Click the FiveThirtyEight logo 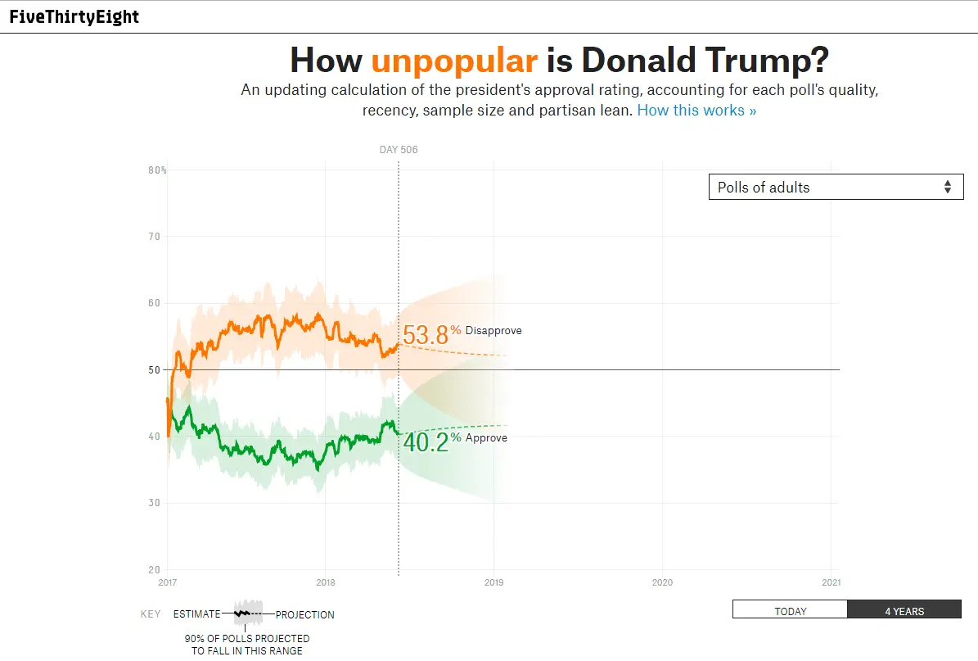[x=74, y=17]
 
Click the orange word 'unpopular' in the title [x=454, y=61]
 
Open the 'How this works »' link [x=696, y=111]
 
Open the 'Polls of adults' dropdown [x=836, y=187]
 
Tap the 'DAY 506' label [x=399, y=150]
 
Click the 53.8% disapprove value [x=426, y=334]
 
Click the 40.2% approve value [x=426, y=441]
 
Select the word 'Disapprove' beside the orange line [x=494, y=331]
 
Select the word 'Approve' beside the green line [x=486, y=438]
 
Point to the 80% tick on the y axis [x=157, y=170]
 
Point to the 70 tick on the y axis [x=154, y=237]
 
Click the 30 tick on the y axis [x=154, y=503]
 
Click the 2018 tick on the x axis [x=325, y=582]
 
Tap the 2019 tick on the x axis [x=494, y=582]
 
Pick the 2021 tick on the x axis [x=831, y=582]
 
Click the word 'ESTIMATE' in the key [x=196, y=614]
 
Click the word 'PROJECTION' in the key [x=304, y=614]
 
